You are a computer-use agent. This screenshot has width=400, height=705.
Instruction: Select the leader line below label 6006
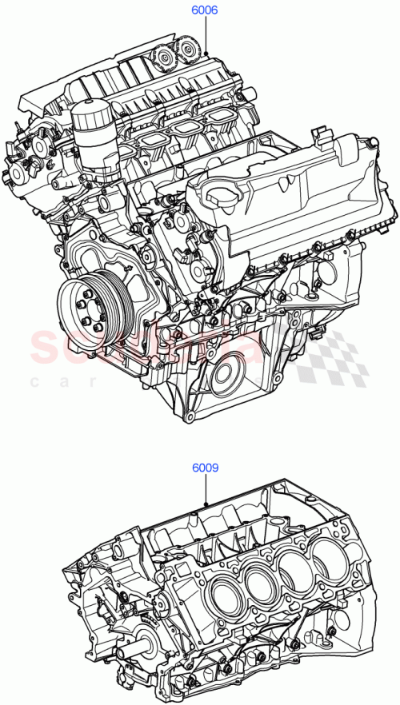205,36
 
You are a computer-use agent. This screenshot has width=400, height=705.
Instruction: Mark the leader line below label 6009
205,490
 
